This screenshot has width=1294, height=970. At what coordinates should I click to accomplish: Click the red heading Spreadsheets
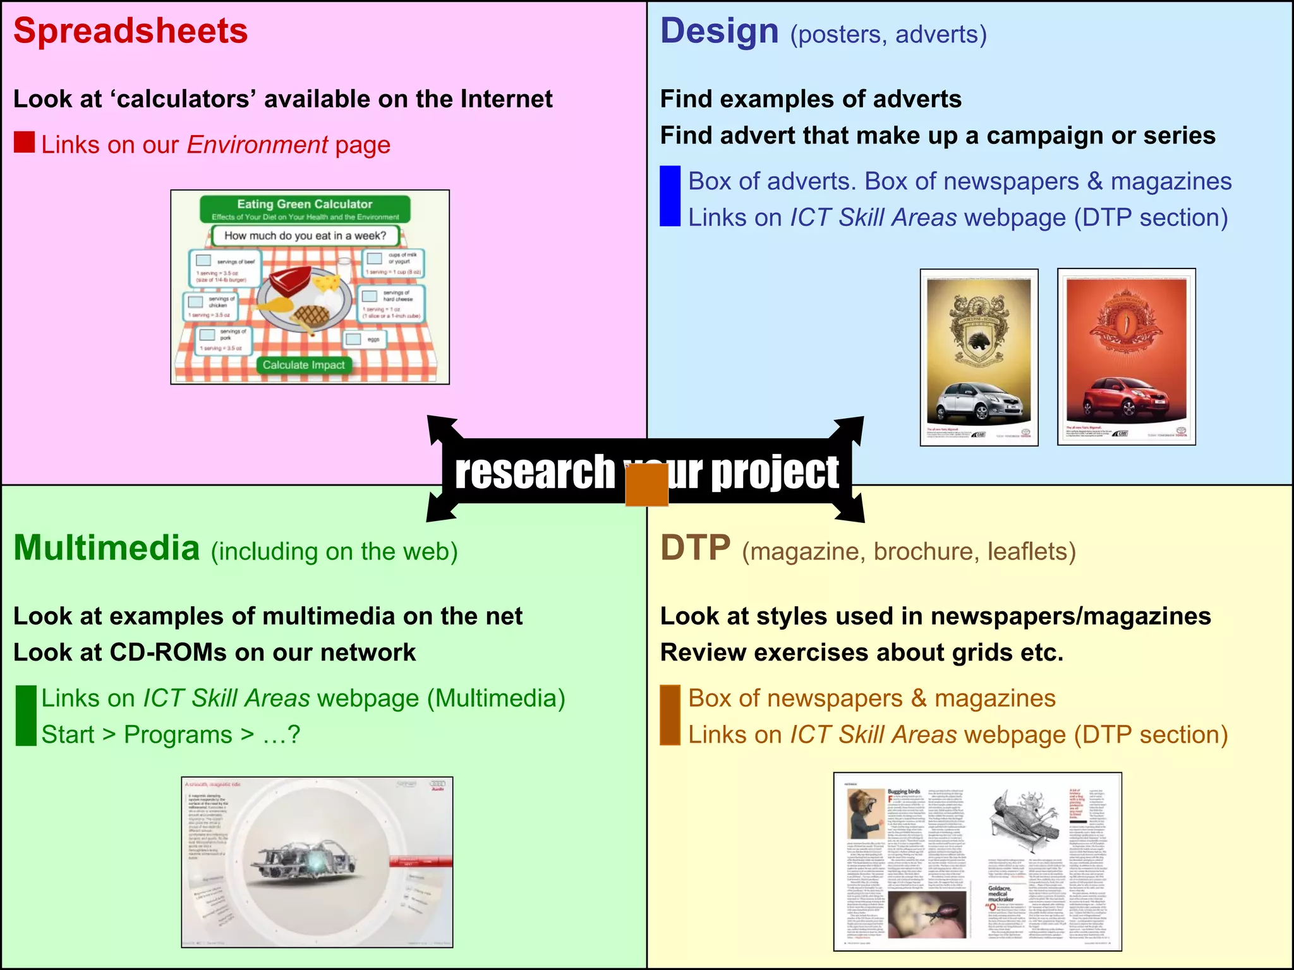click(x=131, y=32)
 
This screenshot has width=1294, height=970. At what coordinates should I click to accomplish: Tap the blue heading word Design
click(x=719, y=32)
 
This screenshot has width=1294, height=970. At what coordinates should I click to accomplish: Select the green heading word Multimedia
click(x=107, y=548)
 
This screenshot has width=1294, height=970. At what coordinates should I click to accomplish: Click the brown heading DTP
click(x=696, y=548)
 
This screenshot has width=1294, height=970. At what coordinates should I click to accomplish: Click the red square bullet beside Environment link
click(x=24, y=142)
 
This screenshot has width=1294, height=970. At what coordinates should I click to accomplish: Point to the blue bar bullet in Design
click(x=670, y=196)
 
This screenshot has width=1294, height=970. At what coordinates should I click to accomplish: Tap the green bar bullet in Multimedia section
click(x=26, y=716)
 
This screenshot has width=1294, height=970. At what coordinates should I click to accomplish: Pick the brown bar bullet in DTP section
click(x=670, y=715)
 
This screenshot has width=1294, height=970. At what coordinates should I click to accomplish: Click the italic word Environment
click(x=257, y=145)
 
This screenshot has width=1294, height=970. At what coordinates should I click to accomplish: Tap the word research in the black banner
click(x=535, y=472)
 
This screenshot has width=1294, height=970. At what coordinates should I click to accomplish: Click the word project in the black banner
click(x=775, y=472)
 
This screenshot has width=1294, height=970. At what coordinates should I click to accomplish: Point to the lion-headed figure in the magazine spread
click(x=865, y=815)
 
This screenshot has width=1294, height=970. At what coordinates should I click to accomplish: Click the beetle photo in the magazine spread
click(x=926, y=915)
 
